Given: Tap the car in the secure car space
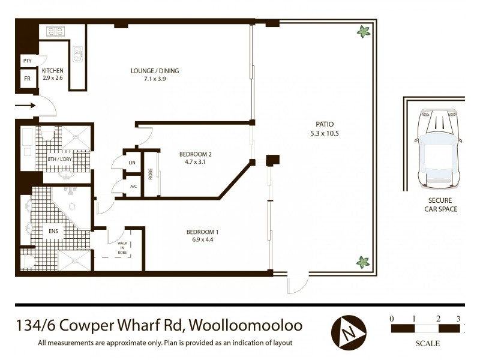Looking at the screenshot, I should point(439,148).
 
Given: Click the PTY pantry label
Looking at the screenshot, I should point(27,61).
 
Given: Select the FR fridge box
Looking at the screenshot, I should point(27,79).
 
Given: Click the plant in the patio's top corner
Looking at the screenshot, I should point(363,32).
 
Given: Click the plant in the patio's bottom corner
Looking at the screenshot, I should point(362,262).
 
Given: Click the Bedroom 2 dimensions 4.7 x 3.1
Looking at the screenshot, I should point(196,161).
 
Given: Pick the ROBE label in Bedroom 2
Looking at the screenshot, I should point(151,174).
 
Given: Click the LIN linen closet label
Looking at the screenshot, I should point(132,163).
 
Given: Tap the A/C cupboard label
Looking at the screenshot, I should point(133,187).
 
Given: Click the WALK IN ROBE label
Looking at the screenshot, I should point(122,248).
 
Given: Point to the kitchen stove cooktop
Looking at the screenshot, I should point(55,31).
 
